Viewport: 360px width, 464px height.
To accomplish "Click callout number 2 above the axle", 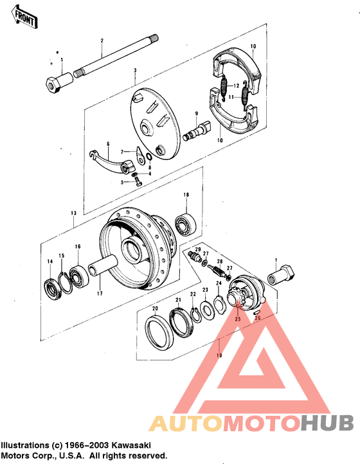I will point(102,41).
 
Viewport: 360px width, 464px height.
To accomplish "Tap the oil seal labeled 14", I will point(51,286).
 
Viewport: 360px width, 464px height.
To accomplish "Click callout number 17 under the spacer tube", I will point(99,295).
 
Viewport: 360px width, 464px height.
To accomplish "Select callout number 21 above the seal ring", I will point(178,300).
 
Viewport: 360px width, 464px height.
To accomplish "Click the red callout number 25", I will point(237,319).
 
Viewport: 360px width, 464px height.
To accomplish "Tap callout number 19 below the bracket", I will point(219,355).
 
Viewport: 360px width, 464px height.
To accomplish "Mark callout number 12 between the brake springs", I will point(237,85).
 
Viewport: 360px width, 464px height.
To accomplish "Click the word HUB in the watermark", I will point(327,423).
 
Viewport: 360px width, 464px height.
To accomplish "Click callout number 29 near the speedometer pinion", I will point(198,249).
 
